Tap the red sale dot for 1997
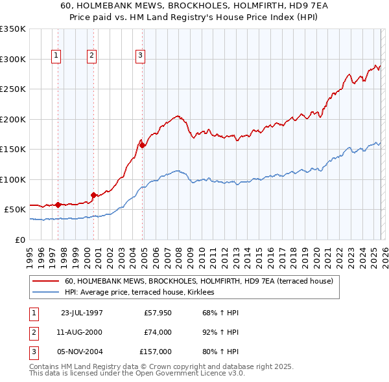click(58, 205)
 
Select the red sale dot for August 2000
click(93, 195)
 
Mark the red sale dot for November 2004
click(142, 145)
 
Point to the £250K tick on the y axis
click(13, 89)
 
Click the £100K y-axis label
click(13, 179)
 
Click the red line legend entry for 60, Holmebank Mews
click(198, 282)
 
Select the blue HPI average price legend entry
click(143, 293)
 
